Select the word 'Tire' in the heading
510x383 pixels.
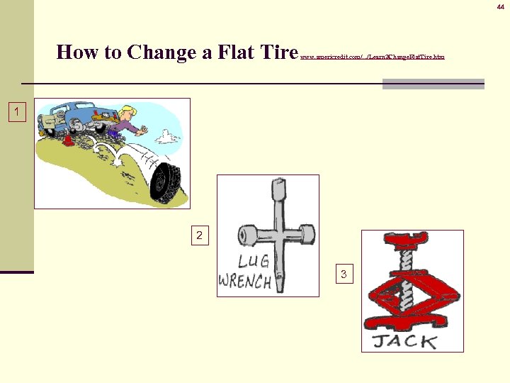click(277, 52)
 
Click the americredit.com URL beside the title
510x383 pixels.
click(373, 56)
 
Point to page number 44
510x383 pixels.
click(500, 6)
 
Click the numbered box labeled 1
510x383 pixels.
click(17, 112)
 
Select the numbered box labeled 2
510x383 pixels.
click(199, 235)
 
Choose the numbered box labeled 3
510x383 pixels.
click(344, 274)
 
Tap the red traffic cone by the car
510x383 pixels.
click(67, 139)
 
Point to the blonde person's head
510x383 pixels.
click(127, 111)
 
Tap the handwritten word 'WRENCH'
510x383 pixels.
click(244, 281)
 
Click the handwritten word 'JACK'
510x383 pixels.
click(405, 341)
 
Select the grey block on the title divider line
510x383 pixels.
click(433, 84)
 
